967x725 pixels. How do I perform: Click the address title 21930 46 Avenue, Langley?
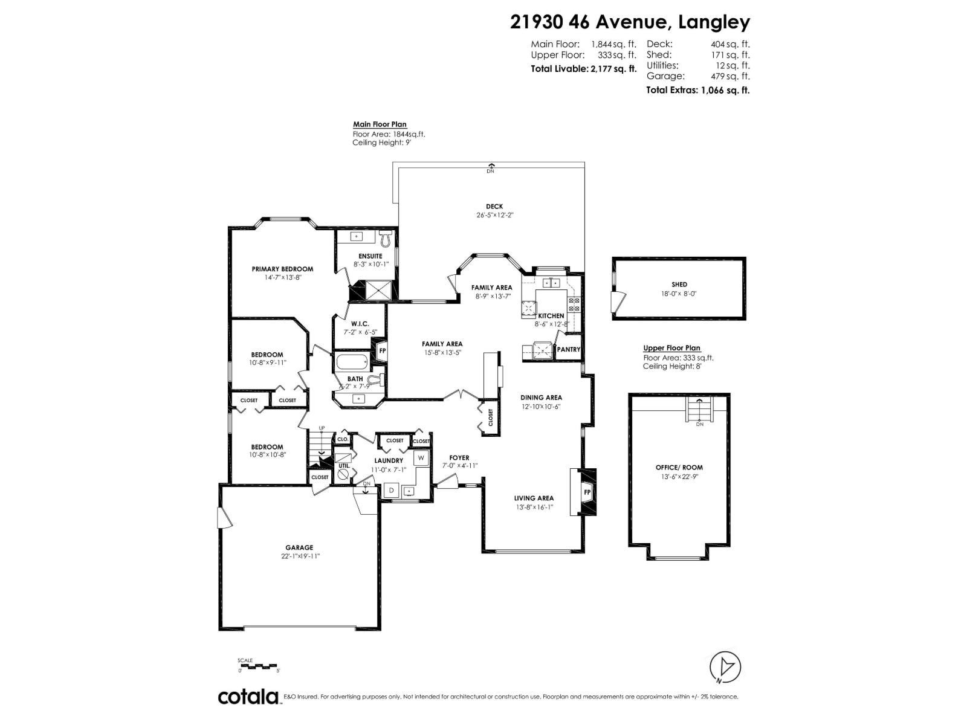click(630, 22)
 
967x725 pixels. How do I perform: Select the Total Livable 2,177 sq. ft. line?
click(583, 69)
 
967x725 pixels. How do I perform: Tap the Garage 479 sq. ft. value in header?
click(697, 76)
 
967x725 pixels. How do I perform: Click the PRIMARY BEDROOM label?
click(282, 269)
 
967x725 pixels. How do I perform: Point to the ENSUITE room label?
click(370, 256)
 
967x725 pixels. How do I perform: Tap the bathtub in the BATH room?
click(351, 363)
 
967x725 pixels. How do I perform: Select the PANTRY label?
click(568, 349)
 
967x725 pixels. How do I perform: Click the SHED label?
click(679, 284)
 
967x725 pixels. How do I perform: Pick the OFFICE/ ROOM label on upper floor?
click(679, 467)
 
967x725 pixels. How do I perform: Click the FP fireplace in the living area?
click(586, 492)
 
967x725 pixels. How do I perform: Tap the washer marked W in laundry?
click(421, 459)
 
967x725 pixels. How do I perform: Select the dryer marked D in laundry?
click(391, 491)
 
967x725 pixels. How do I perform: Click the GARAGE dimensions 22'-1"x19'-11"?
click(300, 556)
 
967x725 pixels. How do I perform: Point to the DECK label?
click(494, 207)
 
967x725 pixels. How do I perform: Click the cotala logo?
click(248, 697)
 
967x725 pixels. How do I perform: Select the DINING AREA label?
click(541, 398)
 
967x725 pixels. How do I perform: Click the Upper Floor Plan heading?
click(671, 348)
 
